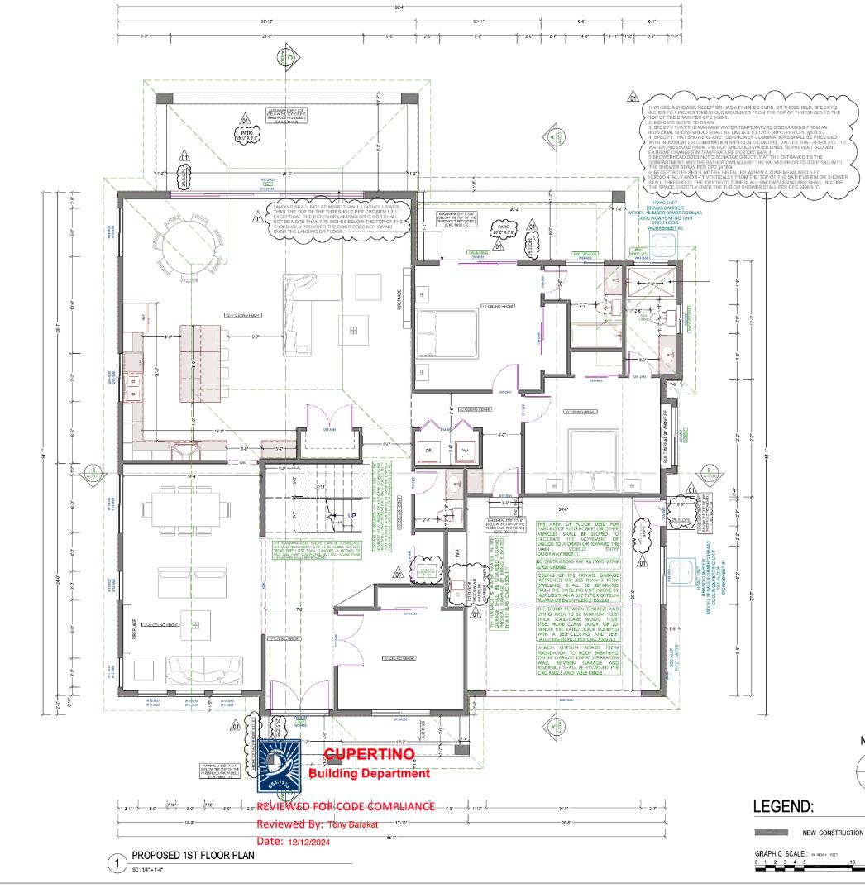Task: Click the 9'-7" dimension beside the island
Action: (257, 337)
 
